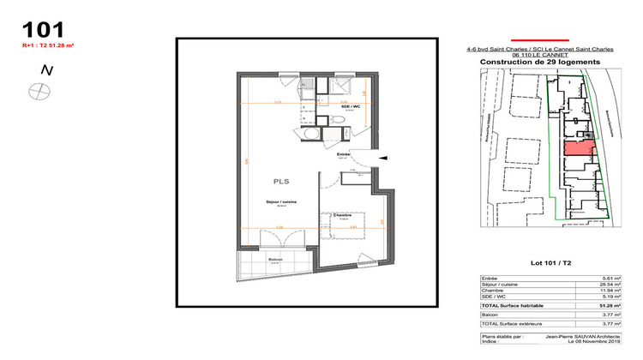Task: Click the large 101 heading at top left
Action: tap(42, 30)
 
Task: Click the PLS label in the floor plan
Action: tap(281, 182)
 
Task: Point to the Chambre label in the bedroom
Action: tap(343, 215)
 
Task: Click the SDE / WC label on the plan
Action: tap(349, 106)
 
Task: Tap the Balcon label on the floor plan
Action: tap(251, 259)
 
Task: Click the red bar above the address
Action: tap(539, 39)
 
